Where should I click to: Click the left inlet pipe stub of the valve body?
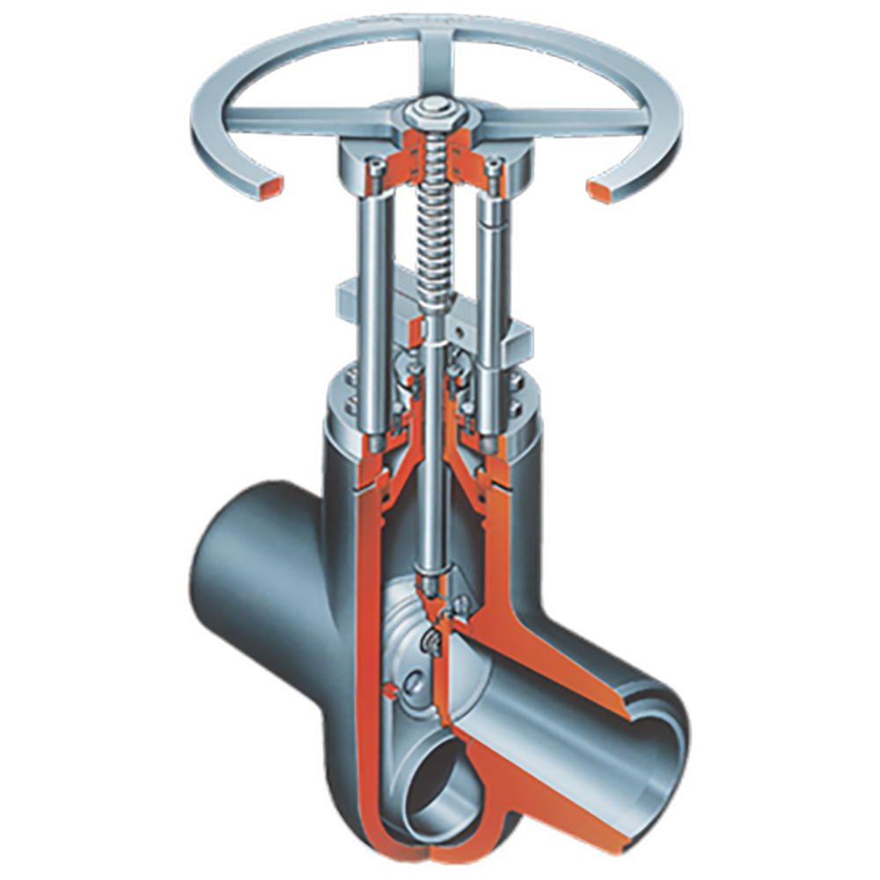click(x=233, y=563)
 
